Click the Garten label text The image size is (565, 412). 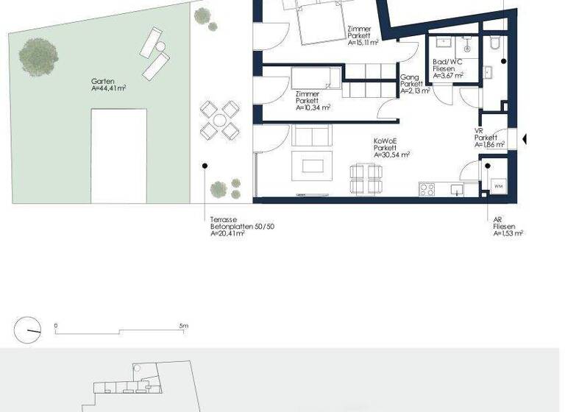(x=102, y=82)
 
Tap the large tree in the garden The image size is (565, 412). (x=39, y=53)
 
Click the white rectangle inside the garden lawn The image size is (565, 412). (x=118, y=156)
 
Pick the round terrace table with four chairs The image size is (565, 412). (x=220, y=121)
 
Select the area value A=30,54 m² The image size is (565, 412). (x=391, y=154)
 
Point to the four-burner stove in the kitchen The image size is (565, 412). (x=427, y=190)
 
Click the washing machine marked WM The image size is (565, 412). (x=498, y=186)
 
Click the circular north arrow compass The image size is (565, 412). (x=28, y=330)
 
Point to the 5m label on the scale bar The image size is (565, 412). (x=183, y=325)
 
